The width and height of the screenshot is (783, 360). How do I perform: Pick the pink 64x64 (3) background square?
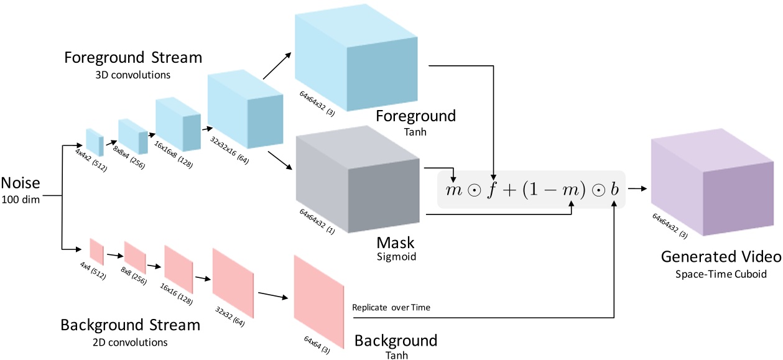pos(318,301)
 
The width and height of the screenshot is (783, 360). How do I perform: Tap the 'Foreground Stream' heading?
pos(133,58)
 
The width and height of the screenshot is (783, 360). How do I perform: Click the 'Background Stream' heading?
pos(130,326)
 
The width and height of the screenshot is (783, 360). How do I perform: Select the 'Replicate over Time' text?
pos(391,307)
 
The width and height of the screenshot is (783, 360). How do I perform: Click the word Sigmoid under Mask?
pos(396,256)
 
